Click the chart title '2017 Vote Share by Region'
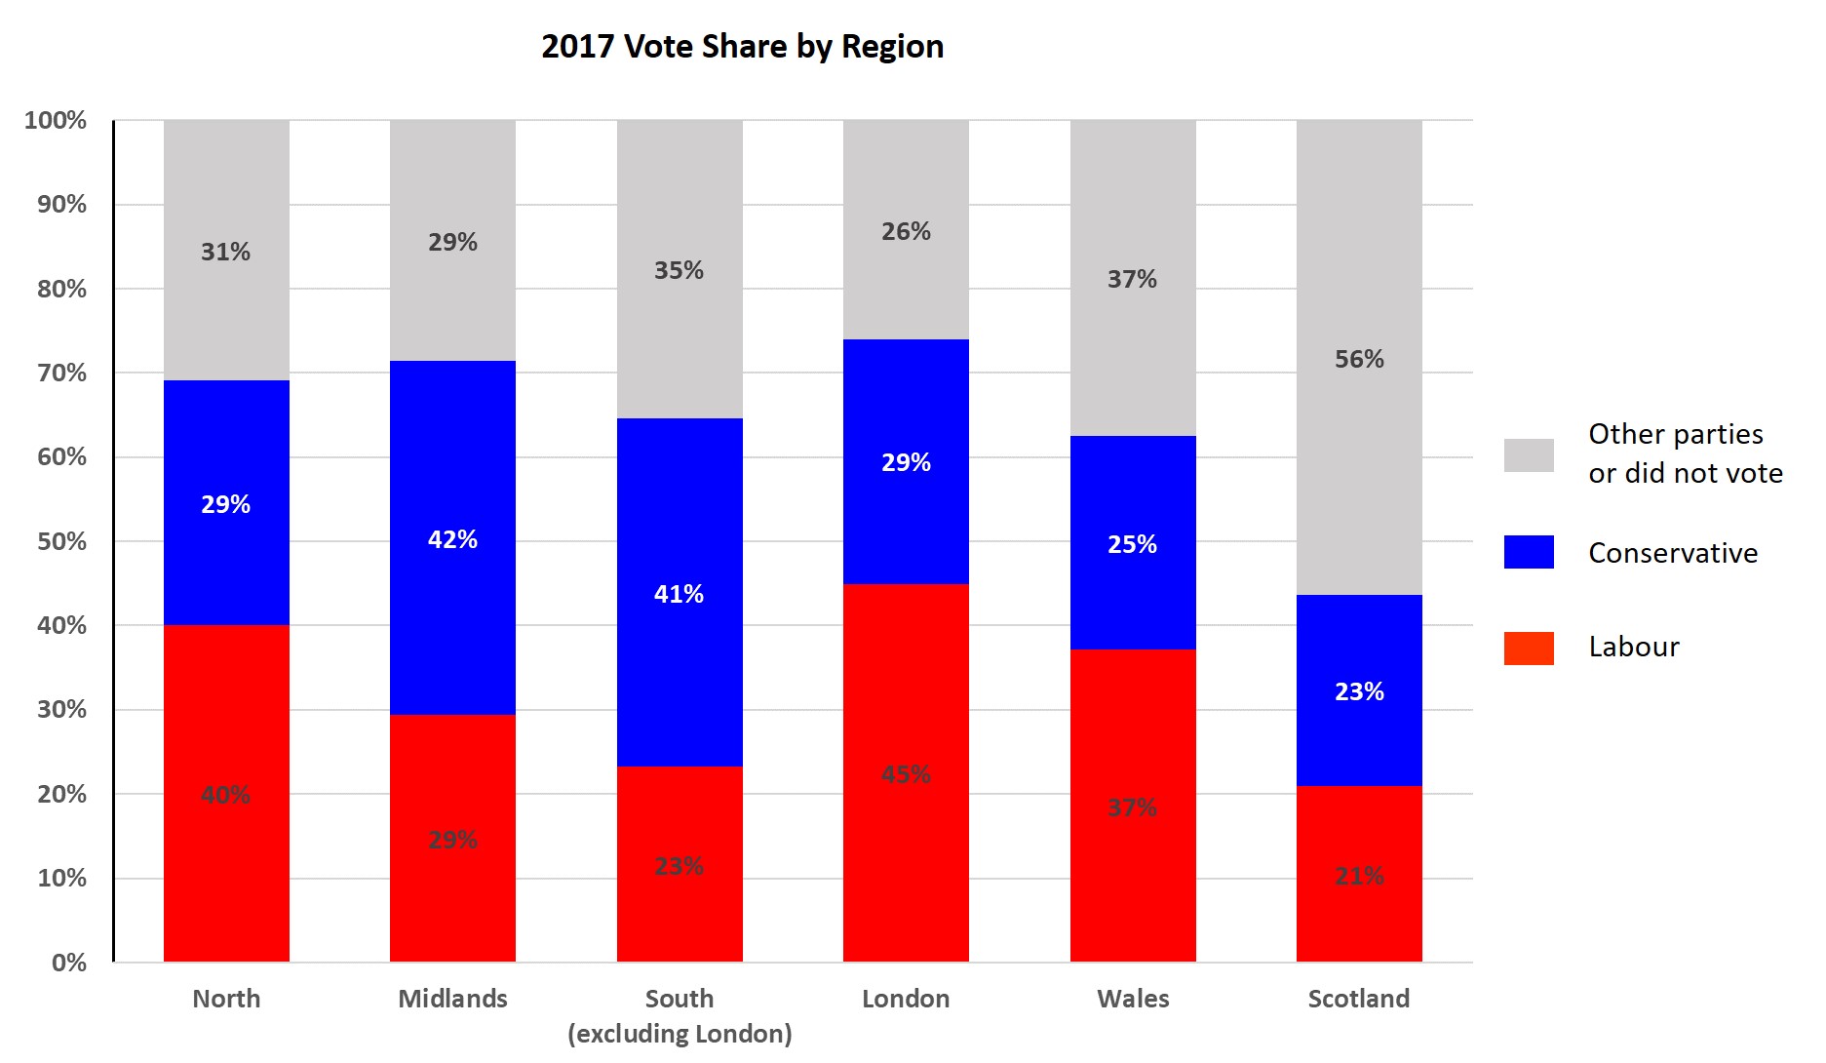[742, 47]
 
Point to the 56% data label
[1359, 359]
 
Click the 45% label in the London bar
[906, 774]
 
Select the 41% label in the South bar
[679, 594]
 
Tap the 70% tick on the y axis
[61, 373]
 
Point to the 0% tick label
[68, 963]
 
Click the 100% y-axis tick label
[56, 120]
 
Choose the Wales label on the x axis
[1133, 999]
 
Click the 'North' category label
[226, 999]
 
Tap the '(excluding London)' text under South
[680, 1034]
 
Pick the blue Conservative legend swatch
[1529, 552]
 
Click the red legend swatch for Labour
[1529, 649]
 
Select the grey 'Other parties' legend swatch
[1529, 455]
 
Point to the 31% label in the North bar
[226, 252]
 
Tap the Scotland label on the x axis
[1359, 999]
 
